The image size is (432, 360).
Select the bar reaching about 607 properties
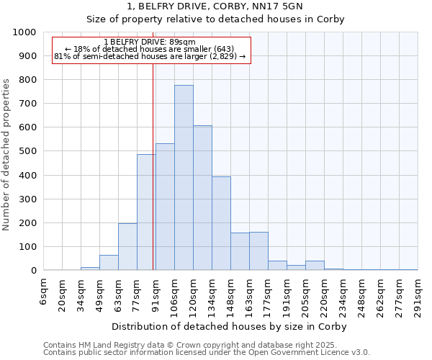click(202, 198)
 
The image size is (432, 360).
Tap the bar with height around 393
click(221, 223)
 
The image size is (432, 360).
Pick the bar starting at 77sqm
click(146, 212)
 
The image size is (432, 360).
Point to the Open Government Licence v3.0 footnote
click(206, 353)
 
